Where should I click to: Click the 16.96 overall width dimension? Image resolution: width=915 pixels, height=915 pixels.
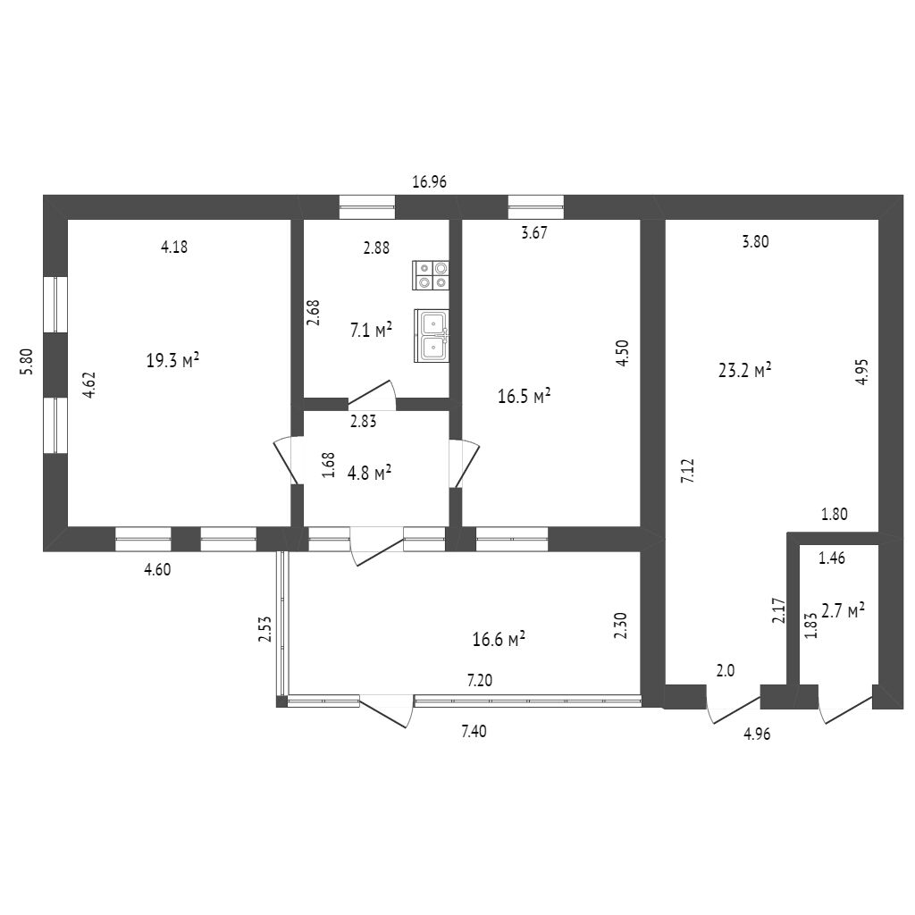[x=429, y=182]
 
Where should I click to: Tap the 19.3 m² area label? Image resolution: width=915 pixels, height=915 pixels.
[x=172, y=361]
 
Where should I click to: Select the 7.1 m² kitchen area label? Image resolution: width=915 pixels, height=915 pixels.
[x=371, y=332]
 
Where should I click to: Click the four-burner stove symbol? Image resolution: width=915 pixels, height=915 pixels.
[x=432, y=275]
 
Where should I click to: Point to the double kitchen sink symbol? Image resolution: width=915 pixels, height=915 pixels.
[x=432, y=336]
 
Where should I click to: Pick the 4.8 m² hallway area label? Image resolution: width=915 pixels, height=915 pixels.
[x=371, y=474]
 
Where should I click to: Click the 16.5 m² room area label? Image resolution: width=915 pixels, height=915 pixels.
[x=524, y=397]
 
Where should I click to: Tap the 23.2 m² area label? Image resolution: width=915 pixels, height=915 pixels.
[x=745, y=371]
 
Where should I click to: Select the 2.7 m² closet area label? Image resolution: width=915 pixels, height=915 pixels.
[x=843, y=612]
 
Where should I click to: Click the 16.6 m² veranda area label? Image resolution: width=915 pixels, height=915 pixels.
[x=498, y=640]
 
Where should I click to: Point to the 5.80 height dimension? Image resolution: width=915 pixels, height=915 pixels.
[x=27, y=360]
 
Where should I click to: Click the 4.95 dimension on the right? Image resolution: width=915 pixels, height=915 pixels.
[x=860, y=371]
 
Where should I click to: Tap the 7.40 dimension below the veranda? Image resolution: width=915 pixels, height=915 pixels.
[x=474, y=732]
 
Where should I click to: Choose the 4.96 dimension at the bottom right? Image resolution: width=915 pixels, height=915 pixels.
[x=756, y=735]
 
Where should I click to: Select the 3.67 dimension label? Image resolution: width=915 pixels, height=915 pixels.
[x=533, y=235]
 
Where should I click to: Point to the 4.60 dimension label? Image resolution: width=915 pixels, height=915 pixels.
[x=156, y=568]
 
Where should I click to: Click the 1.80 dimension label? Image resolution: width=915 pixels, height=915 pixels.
[x=834, y=515]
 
